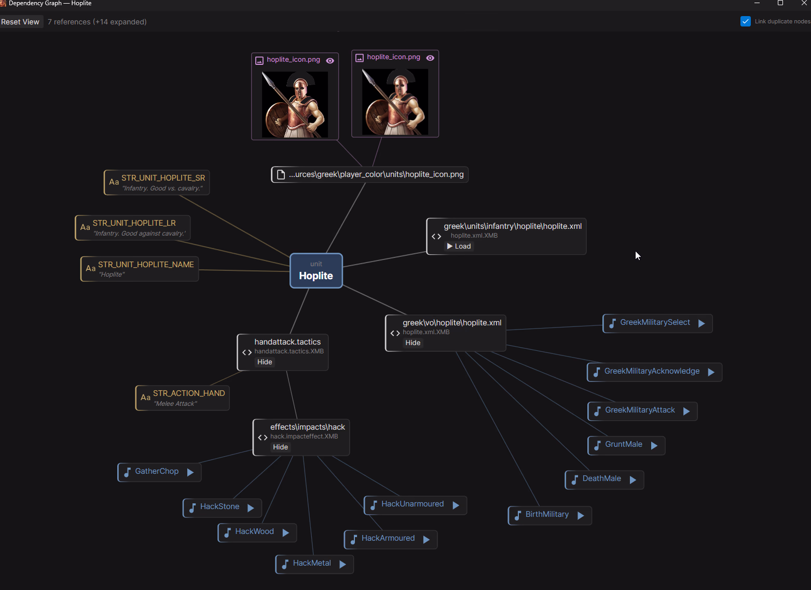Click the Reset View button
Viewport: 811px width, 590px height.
(x=20, y=22)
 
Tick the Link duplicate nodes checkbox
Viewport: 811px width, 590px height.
(x=746, y=21)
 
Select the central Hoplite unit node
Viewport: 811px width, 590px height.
(x=316, y=271)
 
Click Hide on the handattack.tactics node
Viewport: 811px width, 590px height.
(x=265, y=362)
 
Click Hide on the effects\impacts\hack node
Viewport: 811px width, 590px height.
(x=280, y=447)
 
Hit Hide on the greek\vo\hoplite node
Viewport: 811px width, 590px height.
(x=413, y=343)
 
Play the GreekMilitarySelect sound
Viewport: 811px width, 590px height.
(x=702, y=323)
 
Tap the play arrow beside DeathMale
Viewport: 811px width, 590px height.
(x=633, y=480)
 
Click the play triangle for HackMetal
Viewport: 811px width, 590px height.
(x=342, y=565)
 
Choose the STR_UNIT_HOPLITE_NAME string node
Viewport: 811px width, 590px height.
(x=146, y=265)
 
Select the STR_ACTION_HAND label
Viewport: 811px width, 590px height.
(x=189, y=393)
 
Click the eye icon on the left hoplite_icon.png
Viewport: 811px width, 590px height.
(x=330, y=61)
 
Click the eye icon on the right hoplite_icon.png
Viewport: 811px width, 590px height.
(x=430, y=58)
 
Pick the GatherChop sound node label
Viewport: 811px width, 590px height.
(x=157, y=471)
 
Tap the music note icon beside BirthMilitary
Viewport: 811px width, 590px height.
(x=517, y=515)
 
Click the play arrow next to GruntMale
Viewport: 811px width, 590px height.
(x=654, y=446)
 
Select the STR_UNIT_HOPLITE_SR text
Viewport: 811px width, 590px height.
(x=163, y=178)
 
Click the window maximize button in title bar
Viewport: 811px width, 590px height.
(x=780, y=3)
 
